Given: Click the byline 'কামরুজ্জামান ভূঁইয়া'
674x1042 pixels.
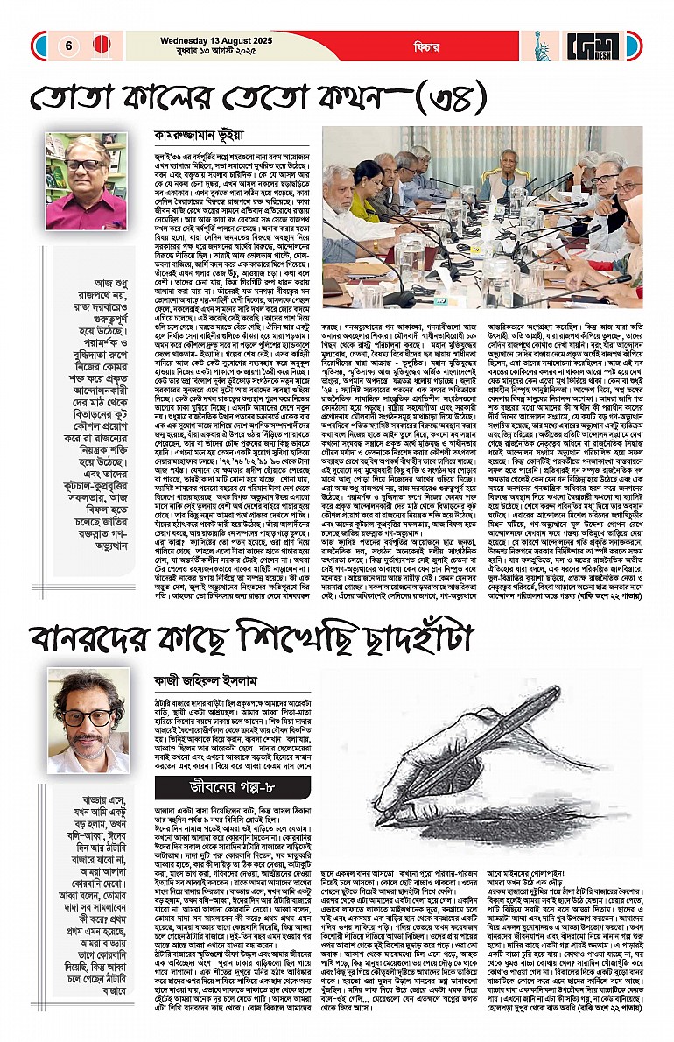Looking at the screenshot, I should click(192, 136).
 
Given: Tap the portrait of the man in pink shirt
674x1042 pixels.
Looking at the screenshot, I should click(86, 182).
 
